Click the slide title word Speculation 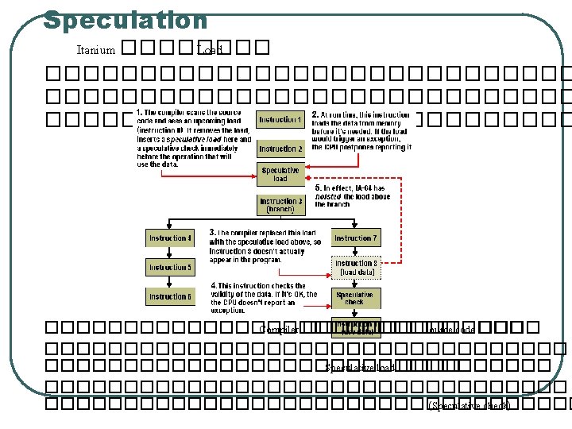[x=125, y=19]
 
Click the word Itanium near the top [x=95, y=50]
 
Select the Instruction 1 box [x=280, y=120]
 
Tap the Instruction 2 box [x=280, y=149]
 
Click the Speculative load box [x=280, y=174]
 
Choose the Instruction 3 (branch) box [x=280, y=205]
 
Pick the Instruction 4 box [x=169, y=238]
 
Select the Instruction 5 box [x=169, y=267]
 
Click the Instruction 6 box [x=169, y=296]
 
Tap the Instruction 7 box [x=355, y=238]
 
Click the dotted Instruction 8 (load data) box [x=355, y=267]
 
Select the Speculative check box [x=355, y=298]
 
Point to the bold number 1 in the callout [x=139, y=112]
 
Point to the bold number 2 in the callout [x=315, y=115]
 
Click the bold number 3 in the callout [x=212, y=233]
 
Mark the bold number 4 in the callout [x=213, y=285]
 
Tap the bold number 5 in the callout [x=318, y=188]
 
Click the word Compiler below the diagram [x=279, y=330]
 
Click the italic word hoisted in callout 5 [x=328, y=196]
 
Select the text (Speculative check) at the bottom [x=470, y=405]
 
